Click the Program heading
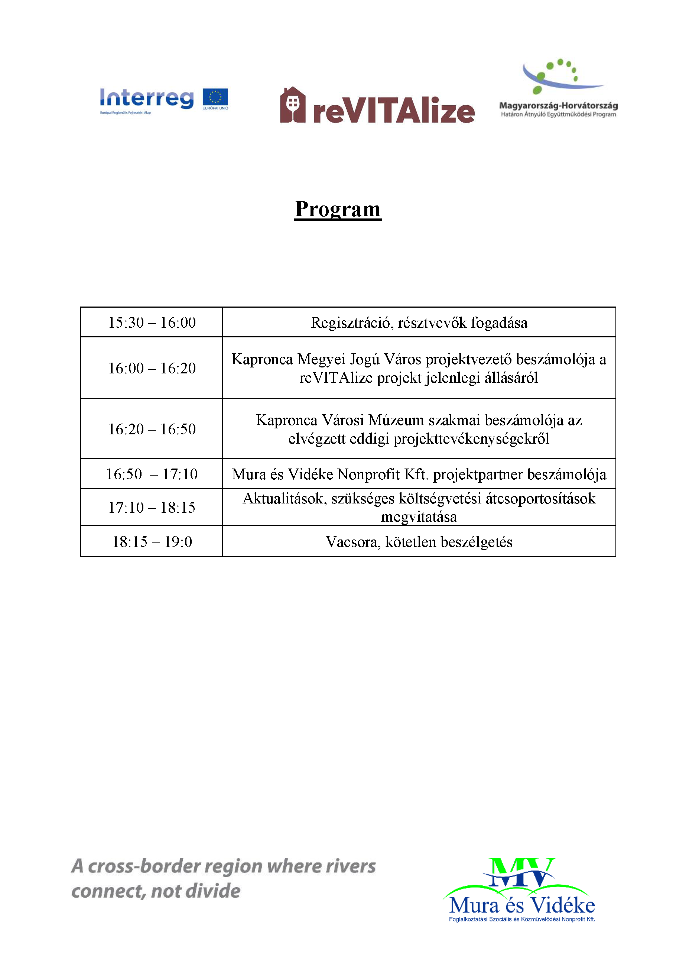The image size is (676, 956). point(338,209)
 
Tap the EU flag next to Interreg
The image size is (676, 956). point(215,97)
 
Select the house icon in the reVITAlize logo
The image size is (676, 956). point(293,104)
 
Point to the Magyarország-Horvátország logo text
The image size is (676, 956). point(558,106)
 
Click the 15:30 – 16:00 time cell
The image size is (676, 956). point(152,323)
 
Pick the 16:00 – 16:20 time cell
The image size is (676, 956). point(152,368)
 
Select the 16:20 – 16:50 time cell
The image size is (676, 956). point(152,429)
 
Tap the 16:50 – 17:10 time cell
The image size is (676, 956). point(152,474)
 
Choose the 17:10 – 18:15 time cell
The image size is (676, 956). point(152,508)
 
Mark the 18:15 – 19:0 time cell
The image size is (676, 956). point(152,542)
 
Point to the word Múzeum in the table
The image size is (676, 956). point(396,420)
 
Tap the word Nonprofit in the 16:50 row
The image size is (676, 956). point(368,474)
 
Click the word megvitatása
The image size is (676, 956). point(419,517)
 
